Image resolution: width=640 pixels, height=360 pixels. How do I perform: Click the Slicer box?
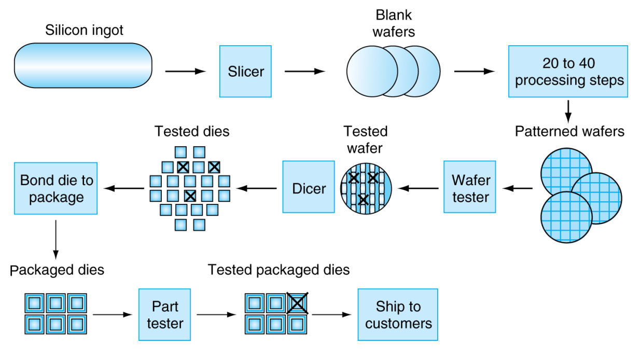point(245,72)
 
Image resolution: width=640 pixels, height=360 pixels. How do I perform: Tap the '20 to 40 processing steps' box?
point(568,72)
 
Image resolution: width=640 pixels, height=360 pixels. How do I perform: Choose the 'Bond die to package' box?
point(56,188)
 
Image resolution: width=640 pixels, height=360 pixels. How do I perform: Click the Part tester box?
point(164,315)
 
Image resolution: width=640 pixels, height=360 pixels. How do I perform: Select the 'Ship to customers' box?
point(398,315)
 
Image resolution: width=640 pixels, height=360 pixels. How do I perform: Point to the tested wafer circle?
point(366,188)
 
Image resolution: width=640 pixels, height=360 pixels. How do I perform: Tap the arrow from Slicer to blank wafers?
point(305,72)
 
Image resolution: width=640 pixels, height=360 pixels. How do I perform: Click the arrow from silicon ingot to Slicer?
point(185,72)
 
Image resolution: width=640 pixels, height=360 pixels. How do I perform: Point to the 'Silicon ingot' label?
point(84,30)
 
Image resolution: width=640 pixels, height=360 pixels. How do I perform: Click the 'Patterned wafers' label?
point(569,131)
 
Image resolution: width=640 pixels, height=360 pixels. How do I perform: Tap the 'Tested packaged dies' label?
point(279,270)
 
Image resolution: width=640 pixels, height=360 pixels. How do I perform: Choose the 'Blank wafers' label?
point(394,23)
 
